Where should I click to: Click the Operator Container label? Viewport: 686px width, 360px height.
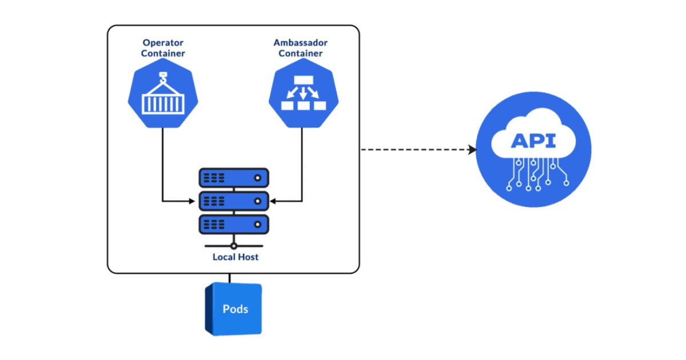coord(163,48)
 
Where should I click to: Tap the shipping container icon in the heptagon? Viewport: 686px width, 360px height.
coord(163,103)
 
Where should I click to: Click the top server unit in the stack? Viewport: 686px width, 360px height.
coord(233,178)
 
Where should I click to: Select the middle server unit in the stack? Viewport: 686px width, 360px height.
coord(233,201)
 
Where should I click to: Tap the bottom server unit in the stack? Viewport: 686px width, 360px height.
coord(233,223)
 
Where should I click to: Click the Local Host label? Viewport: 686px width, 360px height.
coord(236,257)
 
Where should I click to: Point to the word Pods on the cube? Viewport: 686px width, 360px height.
coord(236,309)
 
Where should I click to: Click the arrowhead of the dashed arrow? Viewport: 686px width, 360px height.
coord(472,150)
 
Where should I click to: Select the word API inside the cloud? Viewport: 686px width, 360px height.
coord(533,141)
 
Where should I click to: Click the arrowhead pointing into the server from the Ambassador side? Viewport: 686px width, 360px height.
coord(273,201)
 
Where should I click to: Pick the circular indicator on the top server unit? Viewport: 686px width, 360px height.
coord(258,178)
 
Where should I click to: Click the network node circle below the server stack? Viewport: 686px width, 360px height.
coord(233,246)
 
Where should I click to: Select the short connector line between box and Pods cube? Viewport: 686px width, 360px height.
coord(230,278)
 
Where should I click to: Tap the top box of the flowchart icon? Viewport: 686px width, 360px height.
coord(304,80)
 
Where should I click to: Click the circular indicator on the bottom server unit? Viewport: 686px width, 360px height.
coord(258,224)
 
